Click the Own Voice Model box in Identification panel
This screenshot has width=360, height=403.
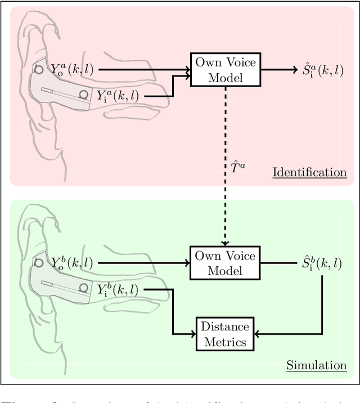225,70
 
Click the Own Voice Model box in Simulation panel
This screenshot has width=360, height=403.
225,263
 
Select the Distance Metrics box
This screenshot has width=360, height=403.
225,333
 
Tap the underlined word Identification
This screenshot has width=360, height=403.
309,172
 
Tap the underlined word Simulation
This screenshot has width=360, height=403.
317,365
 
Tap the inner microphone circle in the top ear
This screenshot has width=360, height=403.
84,94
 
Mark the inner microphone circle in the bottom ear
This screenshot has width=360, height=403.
84,288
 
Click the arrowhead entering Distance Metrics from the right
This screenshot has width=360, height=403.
259,333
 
